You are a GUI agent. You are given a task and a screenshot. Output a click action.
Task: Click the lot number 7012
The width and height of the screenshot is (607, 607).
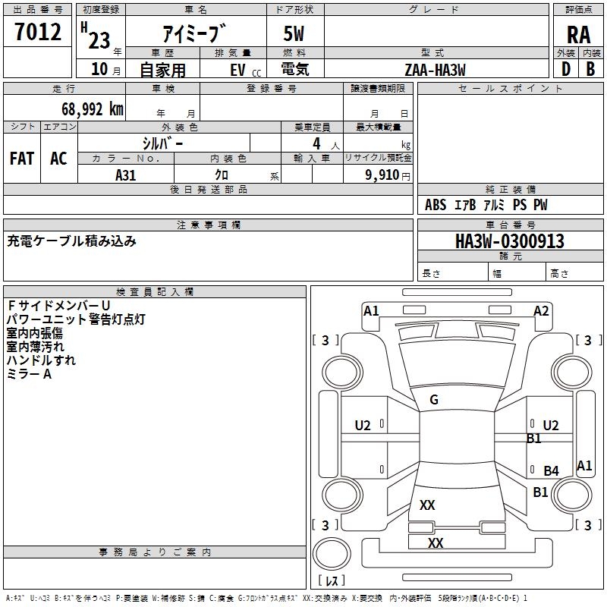[x=38, y=32]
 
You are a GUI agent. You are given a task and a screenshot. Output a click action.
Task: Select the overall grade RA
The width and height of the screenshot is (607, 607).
[x=578, y=35]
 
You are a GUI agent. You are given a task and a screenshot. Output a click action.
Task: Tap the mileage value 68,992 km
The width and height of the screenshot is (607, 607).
[x=93, y=109]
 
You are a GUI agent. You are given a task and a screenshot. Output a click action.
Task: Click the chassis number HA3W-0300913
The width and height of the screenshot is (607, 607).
[x=510, y=241]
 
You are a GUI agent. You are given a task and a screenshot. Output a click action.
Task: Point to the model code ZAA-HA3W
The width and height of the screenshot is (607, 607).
[x=435, y=70]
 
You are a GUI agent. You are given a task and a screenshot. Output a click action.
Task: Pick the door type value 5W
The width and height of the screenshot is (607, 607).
[x=294, y=33]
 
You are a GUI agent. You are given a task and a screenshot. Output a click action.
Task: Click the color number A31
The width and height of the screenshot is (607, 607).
[x=125, y=175]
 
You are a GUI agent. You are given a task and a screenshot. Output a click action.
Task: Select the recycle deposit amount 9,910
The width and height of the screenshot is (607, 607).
[x=382, y=175]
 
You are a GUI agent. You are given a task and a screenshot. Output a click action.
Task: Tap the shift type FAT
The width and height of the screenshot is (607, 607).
[x=22, y=159]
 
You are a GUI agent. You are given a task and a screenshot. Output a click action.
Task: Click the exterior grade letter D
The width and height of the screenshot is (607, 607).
[x=566, y=69]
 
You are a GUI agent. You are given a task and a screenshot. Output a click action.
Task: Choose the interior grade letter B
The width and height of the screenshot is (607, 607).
[x=590, y=69]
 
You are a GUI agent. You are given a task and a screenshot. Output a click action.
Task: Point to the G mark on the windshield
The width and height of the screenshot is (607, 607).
[x=434, y=400]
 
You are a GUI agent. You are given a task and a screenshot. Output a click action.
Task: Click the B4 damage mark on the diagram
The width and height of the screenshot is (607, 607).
[x=552, y=470]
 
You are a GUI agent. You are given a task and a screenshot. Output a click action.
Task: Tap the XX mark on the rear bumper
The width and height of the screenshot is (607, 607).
[x=436, y=543]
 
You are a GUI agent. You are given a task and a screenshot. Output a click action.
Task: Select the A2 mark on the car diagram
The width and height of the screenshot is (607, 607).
[x=541, y=311]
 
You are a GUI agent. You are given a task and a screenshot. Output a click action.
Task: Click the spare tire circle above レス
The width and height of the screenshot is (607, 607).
[x=332, y=554]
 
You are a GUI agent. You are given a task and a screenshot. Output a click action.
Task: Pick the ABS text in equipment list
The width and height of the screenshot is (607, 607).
[x=436, y=205]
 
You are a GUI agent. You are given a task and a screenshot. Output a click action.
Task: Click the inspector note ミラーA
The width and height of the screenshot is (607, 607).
[x=29, y=374]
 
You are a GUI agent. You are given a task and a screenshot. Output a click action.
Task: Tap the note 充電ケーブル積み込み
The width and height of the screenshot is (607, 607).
[x=71, y=241]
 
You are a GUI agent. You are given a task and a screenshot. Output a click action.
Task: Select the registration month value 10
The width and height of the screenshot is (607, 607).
[x=99, y=69]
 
